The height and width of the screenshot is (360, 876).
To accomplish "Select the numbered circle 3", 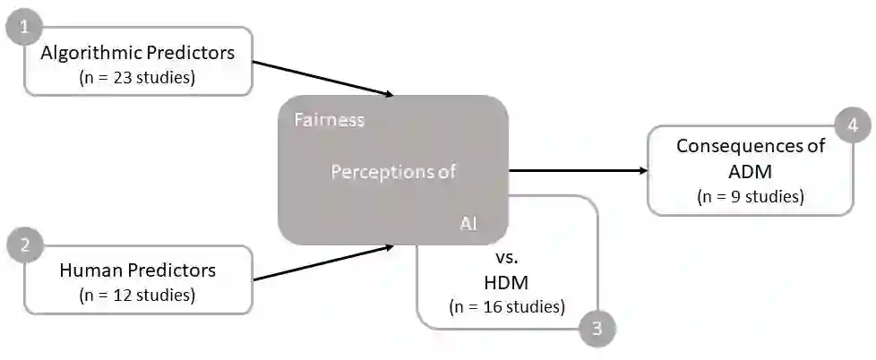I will (x=597, y=329).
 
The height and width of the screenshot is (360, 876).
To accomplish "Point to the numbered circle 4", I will (x=853, y=126).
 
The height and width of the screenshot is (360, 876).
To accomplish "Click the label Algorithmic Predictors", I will (x=138, y=53).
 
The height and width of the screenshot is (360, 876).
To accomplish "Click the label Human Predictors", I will (x=138, y=270).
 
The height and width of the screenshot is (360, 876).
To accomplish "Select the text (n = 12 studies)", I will (x=137, y=293).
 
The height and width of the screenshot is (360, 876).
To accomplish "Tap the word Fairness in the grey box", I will (x=329, y=120).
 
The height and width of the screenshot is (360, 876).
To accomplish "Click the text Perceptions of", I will (x=393, y=172).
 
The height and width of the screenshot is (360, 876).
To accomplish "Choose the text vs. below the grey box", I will (x=507, y=257).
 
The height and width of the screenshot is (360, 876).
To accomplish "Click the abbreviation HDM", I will (x=506, y=282).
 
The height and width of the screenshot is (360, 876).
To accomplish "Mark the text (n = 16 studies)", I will (x=506, y=306).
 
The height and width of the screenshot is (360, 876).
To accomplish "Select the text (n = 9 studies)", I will (x=750, y=195).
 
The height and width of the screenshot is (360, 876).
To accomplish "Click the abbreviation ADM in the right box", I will (x=751, y=170).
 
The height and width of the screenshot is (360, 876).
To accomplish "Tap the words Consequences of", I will (x=751, y=146).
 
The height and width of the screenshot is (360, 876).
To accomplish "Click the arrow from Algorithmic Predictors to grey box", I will (x=322, y=78).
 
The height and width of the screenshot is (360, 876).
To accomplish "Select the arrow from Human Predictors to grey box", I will (x=322, y=262).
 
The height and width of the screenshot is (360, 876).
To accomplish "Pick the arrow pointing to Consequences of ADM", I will (x=578, y=170).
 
